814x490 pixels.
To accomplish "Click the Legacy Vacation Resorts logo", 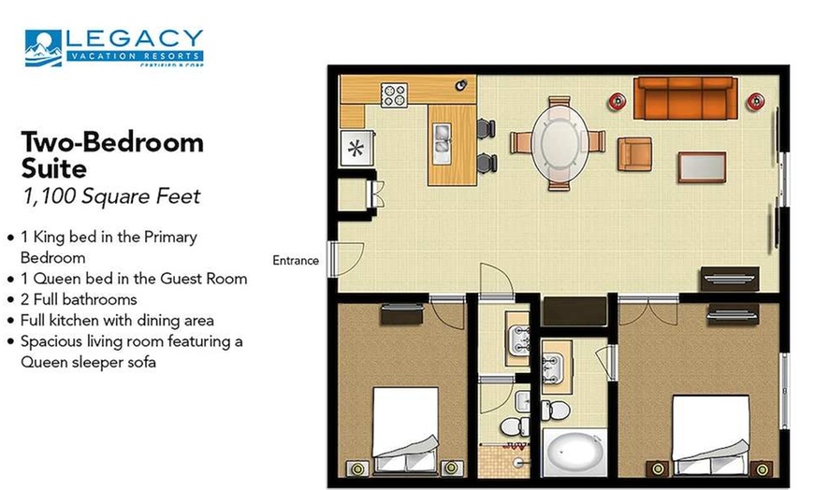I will pyautogui.click(x=113, y=48).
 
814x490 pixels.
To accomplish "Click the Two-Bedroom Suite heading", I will pyautogui.click(x=112, y=155).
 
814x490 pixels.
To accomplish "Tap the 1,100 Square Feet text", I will pyautogui.click(x=111, y=196).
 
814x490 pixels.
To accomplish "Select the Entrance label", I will pyautogui.click(x=296, y=261).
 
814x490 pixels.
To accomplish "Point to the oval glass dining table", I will pyautogui.click(x=560, y=143).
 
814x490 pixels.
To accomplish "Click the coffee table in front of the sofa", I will pyautogui.click(x=704, y=167).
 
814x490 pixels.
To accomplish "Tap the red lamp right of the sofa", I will pyautogui.click(x=754, y=99).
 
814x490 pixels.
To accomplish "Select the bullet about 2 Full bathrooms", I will pyautogui.click(x=79, y=299).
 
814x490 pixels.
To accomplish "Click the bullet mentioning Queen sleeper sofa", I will pyautogui.click(x=131, y=350).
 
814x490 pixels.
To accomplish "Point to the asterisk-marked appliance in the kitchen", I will pyautogui.click(x=356, y=148).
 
